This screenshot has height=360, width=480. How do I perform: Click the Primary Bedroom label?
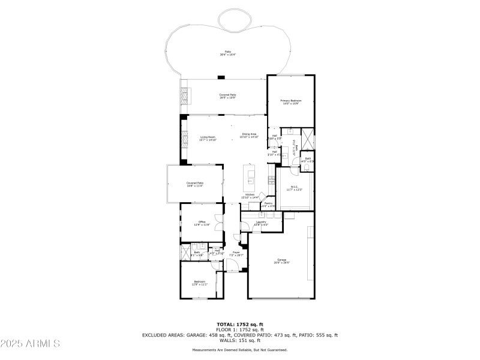291,101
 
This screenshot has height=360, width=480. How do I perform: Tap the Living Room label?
208,138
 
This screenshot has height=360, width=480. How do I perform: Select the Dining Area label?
250,135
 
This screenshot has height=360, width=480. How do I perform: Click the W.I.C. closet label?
295,188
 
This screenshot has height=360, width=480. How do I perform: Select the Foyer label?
236,253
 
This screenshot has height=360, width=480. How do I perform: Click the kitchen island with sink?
250,176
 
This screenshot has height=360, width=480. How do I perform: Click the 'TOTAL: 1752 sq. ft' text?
240,325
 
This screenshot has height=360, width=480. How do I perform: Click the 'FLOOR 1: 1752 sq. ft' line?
240,330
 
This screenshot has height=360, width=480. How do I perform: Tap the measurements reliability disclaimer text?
240,350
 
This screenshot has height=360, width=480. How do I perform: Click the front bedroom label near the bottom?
199,283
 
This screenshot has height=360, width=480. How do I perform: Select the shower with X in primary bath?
307,139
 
